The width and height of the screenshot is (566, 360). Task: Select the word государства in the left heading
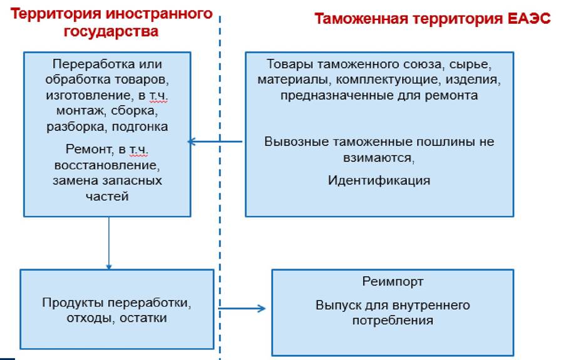coord(111,31)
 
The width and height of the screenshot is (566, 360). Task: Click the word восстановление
coord(107,165)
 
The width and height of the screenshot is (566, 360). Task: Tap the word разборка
coord(77,126)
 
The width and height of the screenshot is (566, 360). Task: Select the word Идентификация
coord(379,180)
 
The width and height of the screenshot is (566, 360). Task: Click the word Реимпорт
coord(393,281)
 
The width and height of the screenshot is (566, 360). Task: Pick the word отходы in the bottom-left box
coord(91,318)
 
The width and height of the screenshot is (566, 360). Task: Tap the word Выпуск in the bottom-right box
coord(339,306)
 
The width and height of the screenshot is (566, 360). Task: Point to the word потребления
coord(393,321)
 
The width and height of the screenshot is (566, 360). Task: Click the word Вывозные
coord(296,141)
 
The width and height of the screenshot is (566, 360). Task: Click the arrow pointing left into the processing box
coord(215,141)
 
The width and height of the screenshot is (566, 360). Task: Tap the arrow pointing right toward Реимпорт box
coord(242,309)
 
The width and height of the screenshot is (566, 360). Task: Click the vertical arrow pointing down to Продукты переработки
coord(109,243)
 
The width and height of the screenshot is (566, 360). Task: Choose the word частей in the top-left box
coord(107,197)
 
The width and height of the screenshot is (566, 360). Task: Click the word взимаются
coord(379,158)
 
